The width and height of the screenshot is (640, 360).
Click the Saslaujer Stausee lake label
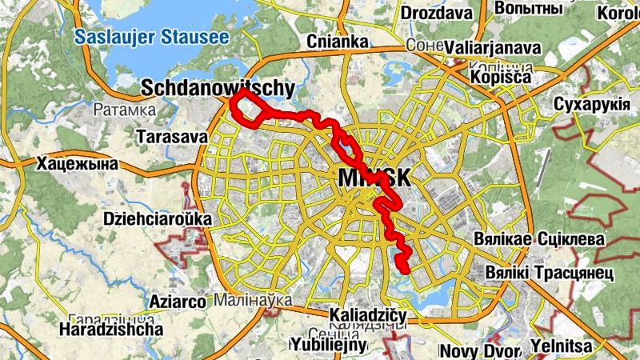[150, 37]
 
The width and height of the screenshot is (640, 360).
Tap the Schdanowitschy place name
[218, 87]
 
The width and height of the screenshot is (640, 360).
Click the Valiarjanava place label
[493, 47]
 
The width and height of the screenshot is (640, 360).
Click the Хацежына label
[77, 164]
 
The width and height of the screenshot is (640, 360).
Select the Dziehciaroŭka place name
[157, 218]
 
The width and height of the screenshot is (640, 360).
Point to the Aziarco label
[178, 301]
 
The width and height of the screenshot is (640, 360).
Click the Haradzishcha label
[111, 329]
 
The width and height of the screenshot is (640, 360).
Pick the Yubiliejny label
[329, 345]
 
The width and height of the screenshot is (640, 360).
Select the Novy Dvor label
[477, 350]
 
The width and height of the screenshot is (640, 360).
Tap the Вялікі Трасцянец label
[548, 274]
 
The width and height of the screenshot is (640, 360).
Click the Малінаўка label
[252, 300]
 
